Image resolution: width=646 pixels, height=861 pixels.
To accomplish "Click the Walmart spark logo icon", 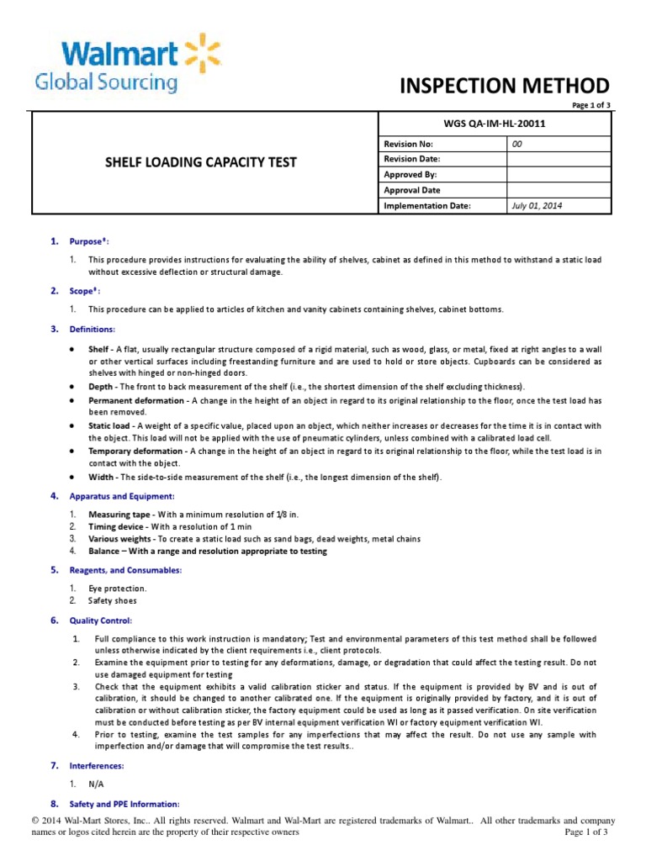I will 203,52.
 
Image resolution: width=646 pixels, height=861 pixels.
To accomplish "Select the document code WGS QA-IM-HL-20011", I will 497,124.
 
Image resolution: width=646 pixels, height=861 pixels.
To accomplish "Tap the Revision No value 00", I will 517,144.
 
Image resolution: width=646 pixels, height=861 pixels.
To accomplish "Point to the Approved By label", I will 410,175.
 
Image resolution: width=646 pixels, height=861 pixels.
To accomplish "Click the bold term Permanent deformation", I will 137,402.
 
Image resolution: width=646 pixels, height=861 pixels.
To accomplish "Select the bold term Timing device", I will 117,526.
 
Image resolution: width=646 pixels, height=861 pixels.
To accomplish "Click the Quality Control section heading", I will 100,621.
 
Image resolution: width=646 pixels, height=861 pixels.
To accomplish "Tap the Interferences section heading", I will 97,766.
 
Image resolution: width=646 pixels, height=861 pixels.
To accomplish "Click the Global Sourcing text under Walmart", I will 105,82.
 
